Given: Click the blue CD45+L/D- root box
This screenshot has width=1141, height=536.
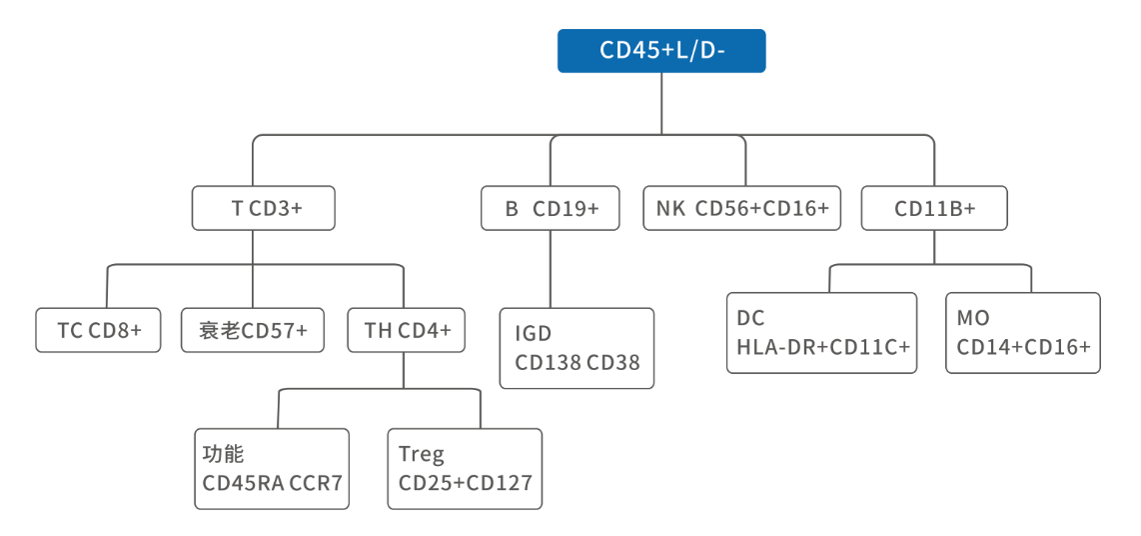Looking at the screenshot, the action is coord(661,51).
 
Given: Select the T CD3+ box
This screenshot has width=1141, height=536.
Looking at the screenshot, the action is coord(264,208).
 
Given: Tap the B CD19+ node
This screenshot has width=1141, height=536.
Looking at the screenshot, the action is coord(551,208).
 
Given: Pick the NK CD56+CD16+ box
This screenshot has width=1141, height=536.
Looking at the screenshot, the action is coord(742,208).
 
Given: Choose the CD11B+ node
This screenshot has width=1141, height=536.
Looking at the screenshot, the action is coord(934,208).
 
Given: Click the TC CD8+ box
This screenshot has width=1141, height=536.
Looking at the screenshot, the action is coord(98,330).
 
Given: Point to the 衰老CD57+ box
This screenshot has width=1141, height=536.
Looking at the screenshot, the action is coord(253,330).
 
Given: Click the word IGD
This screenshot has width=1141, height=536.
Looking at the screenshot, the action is coord(534,334).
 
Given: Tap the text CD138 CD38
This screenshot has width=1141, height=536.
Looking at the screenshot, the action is coord(577,362).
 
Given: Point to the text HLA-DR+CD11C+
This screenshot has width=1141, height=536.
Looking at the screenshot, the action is coord(823,347).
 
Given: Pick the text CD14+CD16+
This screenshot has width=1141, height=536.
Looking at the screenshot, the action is coord(1023,347).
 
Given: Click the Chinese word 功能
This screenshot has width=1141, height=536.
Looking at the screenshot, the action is coord(222,454).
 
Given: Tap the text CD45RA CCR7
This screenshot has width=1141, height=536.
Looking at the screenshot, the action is coord(272,482).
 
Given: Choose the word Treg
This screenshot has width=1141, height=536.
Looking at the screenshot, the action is coord(422,455).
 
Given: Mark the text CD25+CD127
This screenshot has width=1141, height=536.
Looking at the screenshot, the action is coord(465,482).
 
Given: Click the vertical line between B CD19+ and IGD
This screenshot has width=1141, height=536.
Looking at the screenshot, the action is coord(551,269).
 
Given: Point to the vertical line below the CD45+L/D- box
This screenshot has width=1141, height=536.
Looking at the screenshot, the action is coord(661,103).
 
